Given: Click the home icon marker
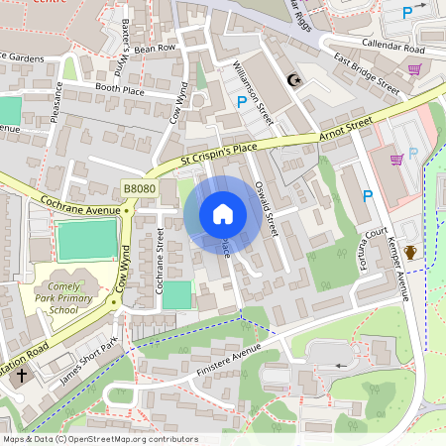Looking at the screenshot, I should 223,214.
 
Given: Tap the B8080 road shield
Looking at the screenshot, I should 141,188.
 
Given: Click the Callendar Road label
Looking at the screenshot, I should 392,47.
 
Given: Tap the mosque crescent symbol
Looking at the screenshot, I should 292,79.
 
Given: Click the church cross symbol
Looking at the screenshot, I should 22,378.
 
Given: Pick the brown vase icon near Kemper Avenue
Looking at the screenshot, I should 409,252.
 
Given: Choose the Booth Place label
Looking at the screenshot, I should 120,88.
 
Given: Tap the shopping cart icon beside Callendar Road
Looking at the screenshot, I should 413,69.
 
